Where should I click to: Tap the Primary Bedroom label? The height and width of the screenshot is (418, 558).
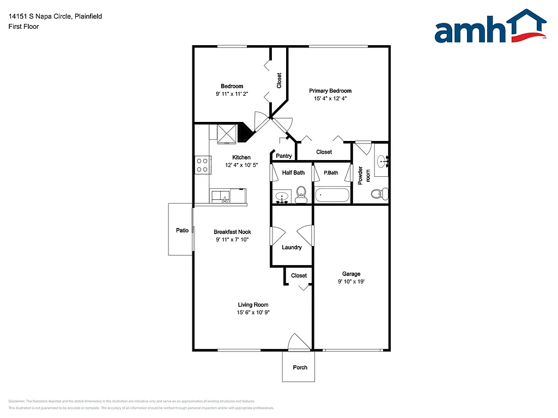pyautogui.click(x=330, y=91)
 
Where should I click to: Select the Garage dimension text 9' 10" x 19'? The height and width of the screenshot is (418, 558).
pyautogui.click(x=351, y=282)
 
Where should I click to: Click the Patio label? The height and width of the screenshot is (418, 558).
pyautogui.click(x=182, y=230)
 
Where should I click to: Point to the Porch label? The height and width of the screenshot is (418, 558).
pyautogui.click(x=300, y=367)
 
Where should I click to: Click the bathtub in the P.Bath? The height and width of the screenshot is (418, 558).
pyautogui.click(x=332, y=195)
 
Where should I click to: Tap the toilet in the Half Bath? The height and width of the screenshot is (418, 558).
pyautogui.click(x=300, y=194)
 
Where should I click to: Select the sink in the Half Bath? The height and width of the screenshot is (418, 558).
pyautogui.click(x=282, y=196)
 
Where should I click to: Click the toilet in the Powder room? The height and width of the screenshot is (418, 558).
pyautogui.click(x=378, y=193)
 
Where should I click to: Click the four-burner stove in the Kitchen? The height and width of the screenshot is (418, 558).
pyautogui.click(x=203, y=165)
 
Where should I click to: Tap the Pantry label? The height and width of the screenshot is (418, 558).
pyautogui.click(x=284, y=156)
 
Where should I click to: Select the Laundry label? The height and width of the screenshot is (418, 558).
pyautogui.click(x=292, y=248)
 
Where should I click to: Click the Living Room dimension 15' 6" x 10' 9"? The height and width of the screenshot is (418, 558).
pyautogui.click(x=253, y=312)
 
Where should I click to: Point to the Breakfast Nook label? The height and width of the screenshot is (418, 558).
pyautogui.click(x=232, y=232)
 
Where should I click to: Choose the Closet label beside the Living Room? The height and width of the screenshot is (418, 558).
pyautogui.click(x=299, y=275)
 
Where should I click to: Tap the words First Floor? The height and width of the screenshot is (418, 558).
pyautogui.click(x=23, y=26)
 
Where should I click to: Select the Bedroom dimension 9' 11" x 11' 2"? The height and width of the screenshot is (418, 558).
pyautogui.click(x=232, y=94)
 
